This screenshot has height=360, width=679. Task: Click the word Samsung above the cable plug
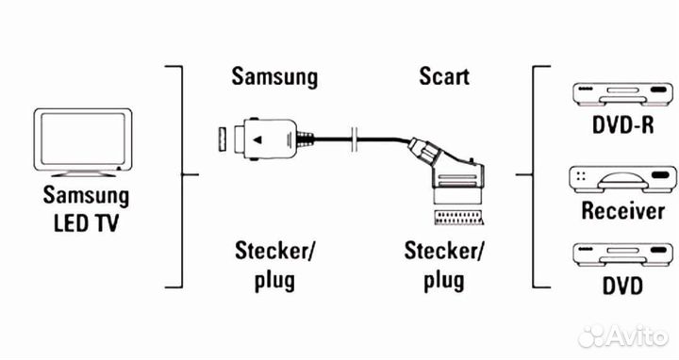tap(274, 76)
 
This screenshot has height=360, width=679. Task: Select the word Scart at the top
tap(444, 76)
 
